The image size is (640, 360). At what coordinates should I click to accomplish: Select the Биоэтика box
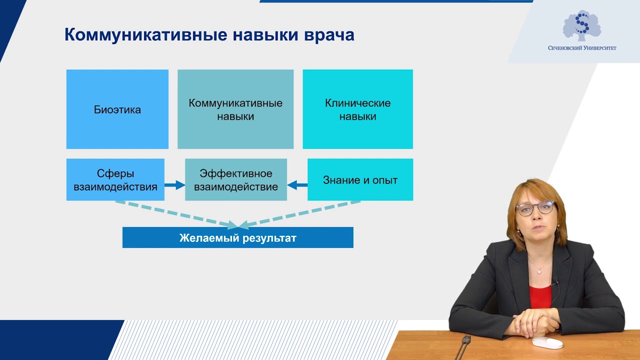117,109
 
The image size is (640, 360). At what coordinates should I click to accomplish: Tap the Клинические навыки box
357,109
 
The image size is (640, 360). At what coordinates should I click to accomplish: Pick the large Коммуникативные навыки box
235,109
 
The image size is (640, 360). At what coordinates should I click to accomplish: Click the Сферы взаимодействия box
115,180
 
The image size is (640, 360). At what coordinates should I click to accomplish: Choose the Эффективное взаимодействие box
236,180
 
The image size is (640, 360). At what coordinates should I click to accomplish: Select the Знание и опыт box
360,180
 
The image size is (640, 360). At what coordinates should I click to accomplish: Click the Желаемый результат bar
238,238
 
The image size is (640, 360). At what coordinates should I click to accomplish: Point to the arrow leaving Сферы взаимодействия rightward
174,185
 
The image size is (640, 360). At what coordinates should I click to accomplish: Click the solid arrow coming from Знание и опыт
297,185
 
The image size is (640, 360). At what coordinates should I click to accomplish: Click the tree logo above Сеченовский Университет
581,26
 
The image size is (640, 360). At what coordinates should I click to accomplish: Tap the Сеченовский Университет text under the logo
582,48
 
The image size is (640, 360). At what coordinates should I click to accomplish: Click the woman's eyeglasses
535,208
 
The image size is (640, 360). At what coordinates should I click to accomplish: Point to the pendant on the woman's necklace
539,271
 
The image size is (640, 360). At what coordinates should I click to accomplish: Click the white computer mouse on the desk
547,342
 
